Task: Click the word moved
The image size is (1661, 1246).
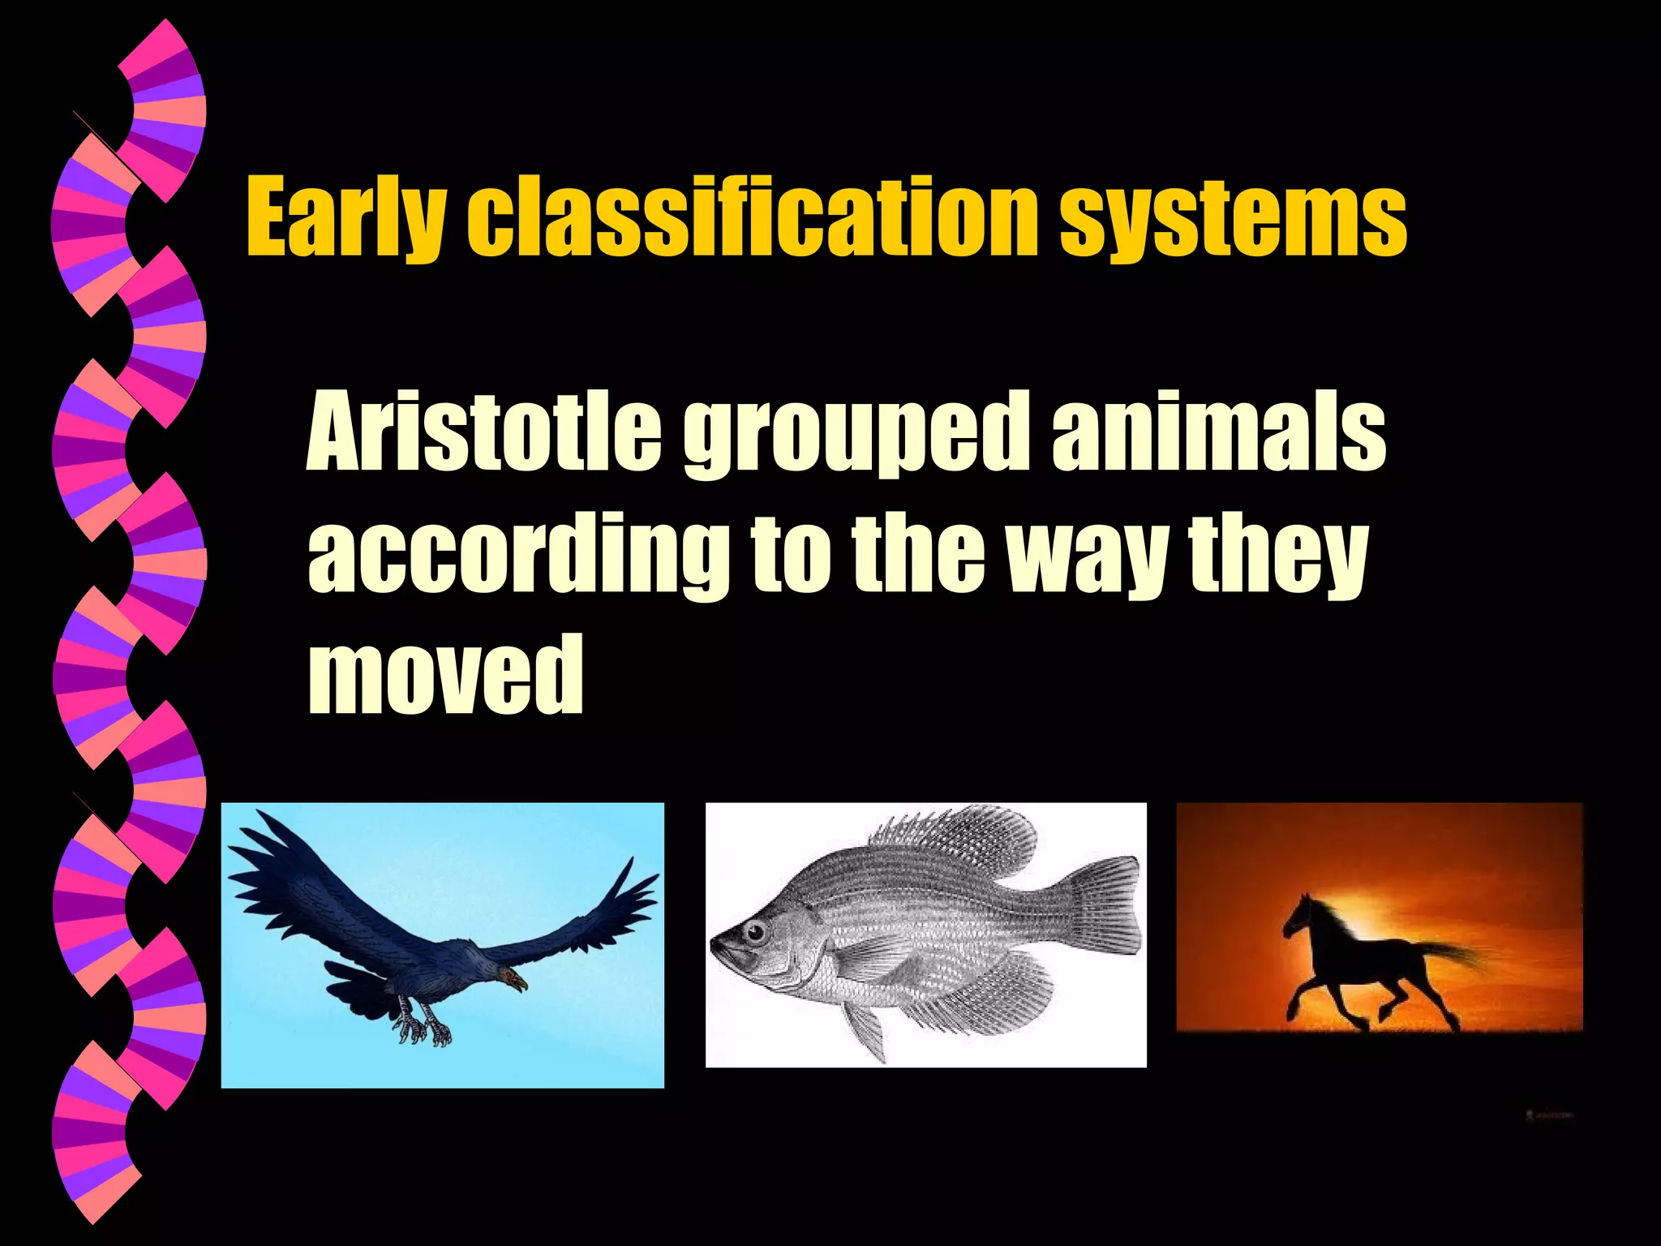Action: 445,675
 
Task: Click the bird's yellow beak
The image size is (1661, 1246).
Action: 517,982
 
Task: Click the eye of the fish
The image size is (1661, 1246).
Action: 756,930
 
